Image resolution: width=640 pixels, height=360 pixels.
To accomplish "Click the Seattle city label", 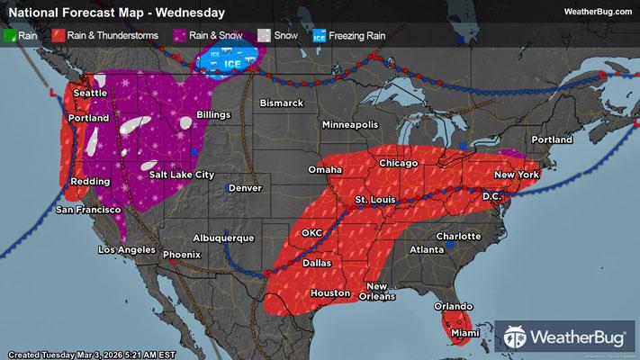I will click(x=89, y=93).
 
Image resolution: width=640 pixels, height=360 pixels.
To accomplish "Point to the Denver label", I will click(x=245, y=188).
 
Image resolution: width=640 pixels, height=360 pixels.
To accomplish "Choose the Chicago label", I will click(x=399, y=162).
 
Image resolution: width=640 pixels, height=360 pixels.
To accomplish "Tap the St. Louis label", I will click(x=374, y=198).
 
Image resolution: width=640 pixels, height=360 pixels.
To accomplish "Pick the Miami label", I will click(x=465, y=334).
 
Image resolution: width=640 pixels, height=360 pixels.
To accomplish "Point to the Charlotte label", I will click(x=458, y=236).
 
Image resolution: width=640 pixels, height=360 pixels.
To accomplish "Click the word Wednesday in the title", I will click(x=190, y=12).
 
